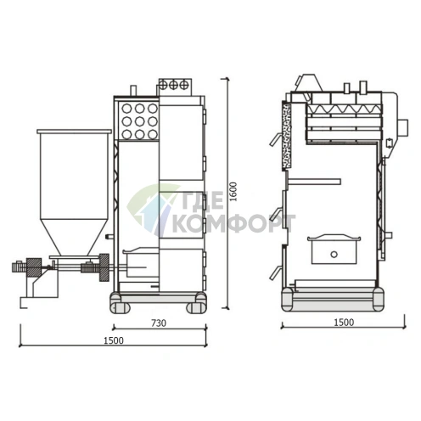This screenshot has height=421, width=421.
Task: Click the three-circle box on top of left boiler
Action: click(x=173, y=85)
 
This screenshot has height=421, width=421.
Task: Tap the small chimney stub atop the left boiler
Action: click(x=134, y=90)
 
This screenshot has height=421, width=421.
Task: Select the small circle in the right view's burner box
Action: click(x=334, y=252)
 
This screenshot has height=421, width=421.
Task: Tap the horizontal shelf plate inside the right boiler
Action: click(x=313, y=182)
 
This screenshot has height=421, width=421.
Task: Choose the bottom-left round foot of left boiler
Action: click(x=116, y=301)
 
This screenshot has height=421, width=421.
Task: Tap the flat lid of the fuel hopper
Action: click(x=74, y=132)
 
